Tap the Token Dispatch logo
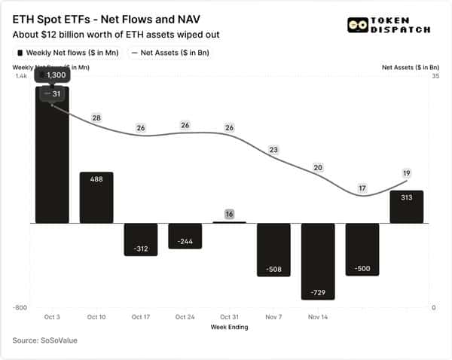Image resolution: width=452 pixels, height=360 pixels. (389, 25)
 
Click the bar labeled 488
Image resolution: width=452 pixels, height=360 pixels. (96, 197)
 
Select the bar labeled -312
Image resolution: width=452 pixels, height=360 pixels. (141, 239)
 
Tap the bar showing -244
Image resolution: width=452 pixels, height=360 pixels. (185, 236)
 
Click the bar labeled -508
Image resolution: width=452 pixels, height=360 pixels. (273, 249)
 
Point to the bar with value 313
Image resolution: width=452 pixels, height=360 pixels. (406, 206)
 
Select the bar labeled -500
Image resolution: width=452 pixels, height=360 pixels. (362, 249)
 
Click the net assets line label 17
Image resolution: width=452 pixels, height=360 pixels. (362, 188)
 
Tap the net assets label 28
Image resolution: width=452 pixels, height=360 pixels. (96, 118)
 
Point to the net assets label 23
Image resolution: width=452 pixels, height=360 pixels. (273, 150)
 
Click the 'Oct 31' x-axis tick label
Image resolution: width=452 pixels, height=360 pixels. (229, 317)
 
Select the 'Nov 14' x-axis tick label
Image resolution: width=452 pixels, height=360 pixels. (317, 317)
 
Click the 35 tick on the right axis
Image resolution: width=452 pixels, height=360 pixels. (433, 77)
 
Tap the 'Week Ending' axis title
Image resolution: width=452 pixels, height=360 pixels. (229, 326)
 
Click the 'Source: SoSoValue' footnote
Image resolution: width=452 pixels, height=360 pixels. (45, 341)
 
